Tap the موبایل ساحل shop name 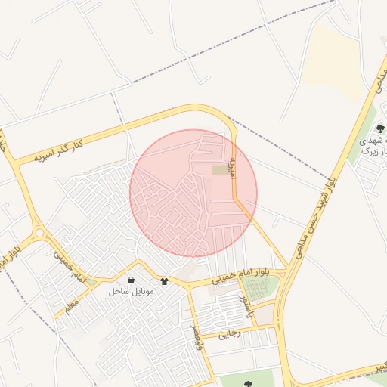coord(131,291)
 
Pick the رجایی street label coord(228,331)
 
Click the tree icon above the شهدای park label coord(379,128)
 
